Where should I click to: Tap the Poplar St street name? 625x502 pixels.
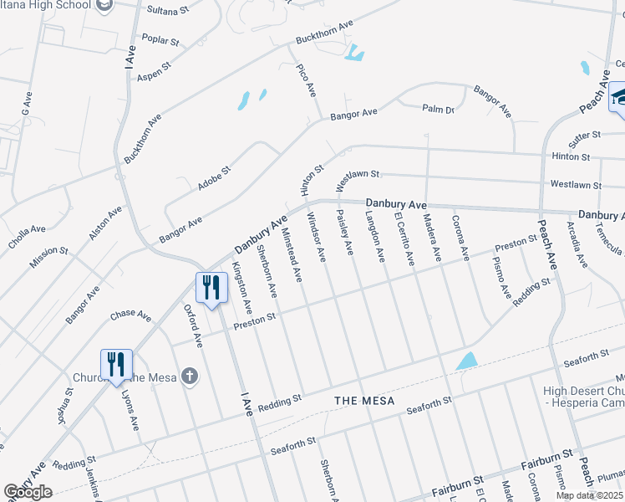[160, 41]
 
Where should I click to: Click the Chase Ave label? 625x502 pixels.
[130, 316]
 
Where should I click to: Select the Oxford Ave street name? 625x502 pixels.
[193, 325]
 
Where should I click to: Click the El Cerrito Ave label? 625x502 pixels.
[404, 240]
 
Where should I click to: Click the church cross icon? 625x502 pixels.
[190, 376]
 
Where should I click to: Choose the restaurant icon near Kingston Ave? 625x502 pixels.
[211, 288]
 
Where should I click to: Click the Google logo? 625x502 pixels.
[28, 492]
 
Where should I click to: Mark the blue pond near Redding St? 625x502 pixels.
[466, 361]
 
